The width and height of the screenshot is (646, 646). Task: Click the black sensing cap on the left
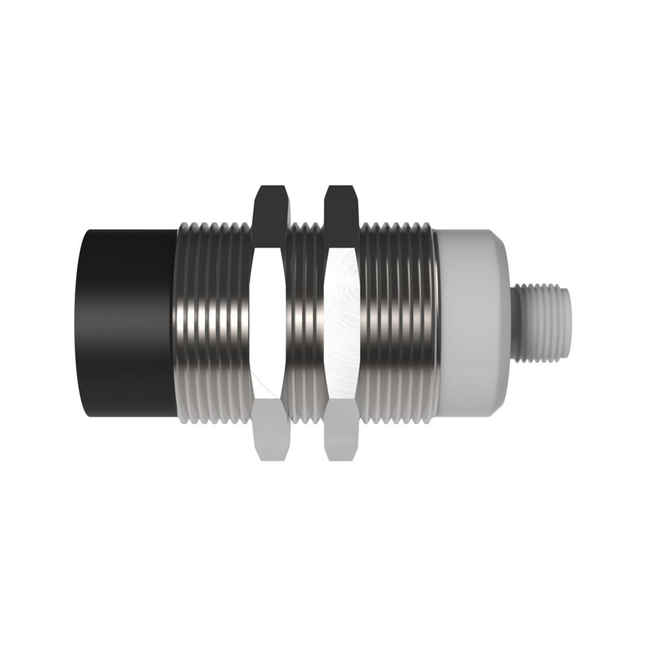pos(129,323)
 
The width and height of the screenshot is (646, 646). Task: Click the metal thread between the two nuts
pos(307,323)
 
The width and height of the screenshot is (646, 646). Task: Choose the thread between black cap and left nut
pos(213,323)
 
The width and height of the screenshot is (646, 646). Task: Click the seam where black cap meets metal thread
pos(176,323)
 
